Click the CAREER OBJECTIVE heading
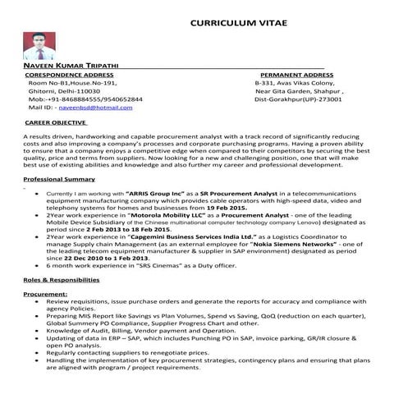[57, 122]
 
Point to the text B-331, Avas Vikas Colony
[294, 83]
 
